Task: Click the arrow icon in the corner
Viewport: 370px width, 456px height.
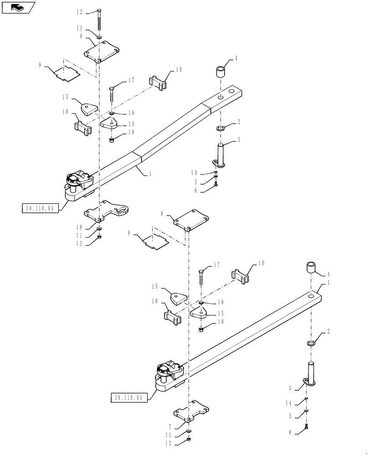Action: tap(18, 7)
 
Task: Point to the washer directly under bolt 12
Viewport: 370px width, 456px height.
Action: tap(99, 36)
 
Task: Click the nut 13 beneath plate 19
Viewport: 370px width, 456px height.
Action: tap(99, 237)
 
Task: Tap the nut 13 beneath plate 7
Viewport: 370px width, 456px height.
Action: tap(190, 440)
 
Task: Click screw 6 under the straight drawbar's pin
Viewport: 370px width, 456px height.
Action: tap(306, 429)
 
